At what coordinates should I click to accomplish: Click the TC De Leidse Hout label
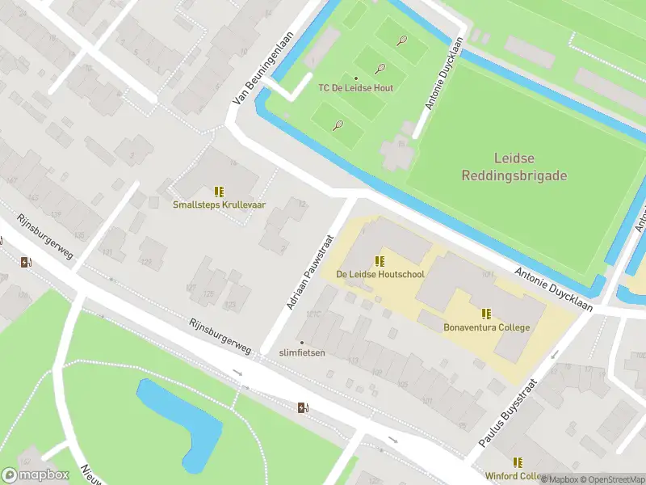point(355,88)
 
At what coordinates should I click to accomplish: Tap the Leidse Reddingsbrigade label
point(514,167)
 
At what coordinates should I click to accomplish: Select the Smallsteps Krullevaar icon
point(219,192)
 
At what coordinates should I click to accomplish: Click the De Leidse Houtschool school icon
point(380,261)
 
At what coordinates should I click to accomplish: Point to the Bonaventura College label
point(486,327)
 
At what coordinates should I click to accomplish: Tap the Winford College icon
point(517,462)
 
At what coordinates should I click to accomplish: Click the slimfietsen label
point(302,352)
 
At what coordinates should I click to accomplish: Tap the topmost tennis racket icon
point(401,40)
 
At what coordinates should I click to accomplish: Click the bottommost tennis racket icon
point(338,125)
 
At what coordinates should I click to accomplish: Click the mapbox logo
point(36,474)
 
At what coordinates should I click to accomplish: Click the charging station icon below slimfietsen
point(304,407)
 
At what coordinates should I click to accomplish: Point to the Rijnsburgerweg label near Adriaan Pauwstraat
point(220,335)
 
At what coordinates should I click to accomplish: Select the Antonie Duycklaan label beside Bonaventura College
point(553,289)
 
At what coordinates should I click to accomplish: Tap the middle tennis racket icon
point(380,70)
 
